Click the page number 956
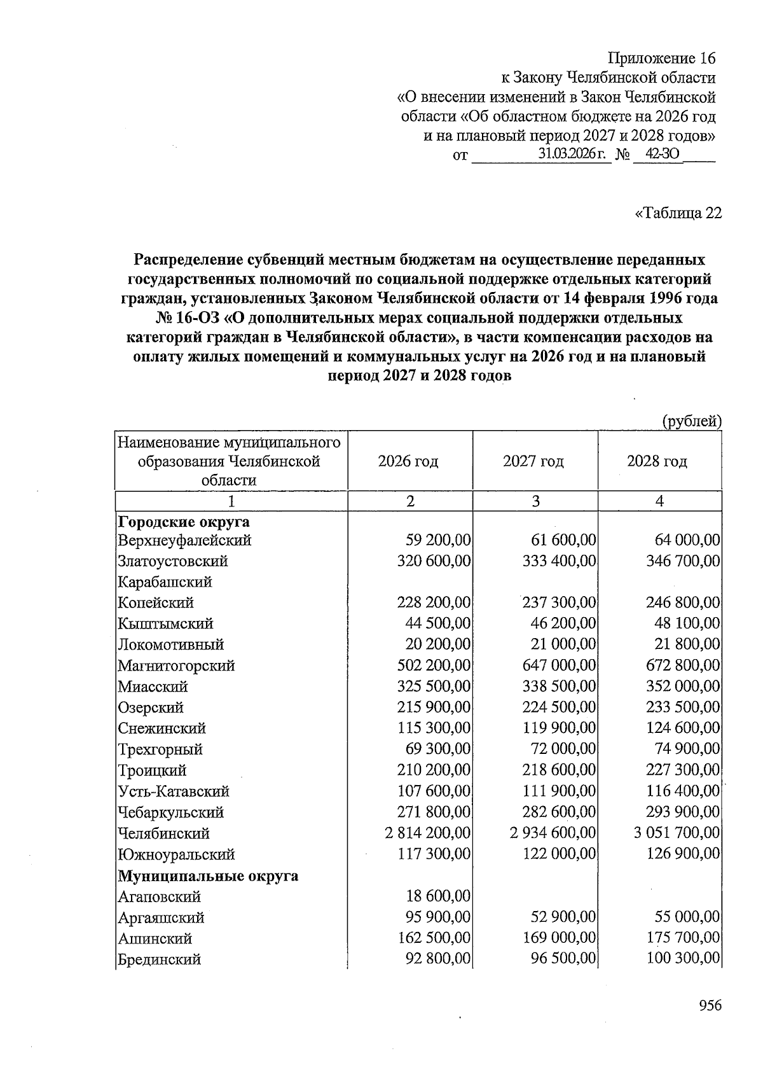[x=710, y=1005]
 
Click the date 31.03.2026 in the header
[x=570, y=154]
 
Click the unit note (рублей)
[x=692, y=421]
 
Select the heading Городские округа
[x=184, y=522]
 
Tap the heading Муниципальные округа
[x=208, y=875]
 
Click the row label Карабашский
[x=165, y=581]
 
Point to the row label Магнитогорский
[x=176, y=665]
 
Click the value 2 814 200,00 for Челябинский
[x=427, y=833]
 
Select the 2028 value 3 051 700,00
[x=677, y=833]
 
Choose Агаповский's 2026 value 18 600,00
[x=438, y=896]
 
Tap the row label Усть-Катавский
[x=174, y=791]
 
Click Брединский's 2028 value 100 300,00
[x=683, y=959]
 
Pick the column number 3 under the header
[x=535, y=501]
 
